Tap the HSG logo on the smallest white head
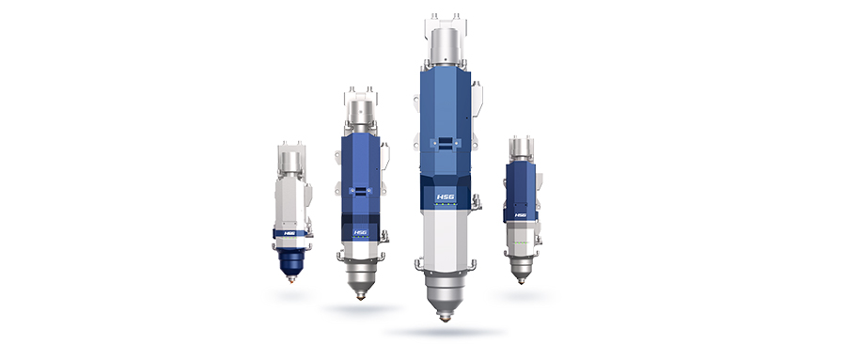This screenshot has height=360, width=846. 290,234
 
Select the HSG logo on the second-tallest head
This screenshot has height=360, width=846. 360,232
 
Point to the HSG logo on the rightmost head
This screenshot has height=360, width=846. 520,215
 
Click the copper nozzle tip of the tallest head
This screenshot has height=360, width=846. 446,319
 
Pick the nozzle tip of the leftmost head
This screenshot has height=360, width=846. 292,280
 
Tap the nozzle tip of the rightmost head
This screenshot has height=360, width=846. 521,281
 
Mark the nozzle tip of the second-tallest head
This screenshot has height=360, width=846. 360,297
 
